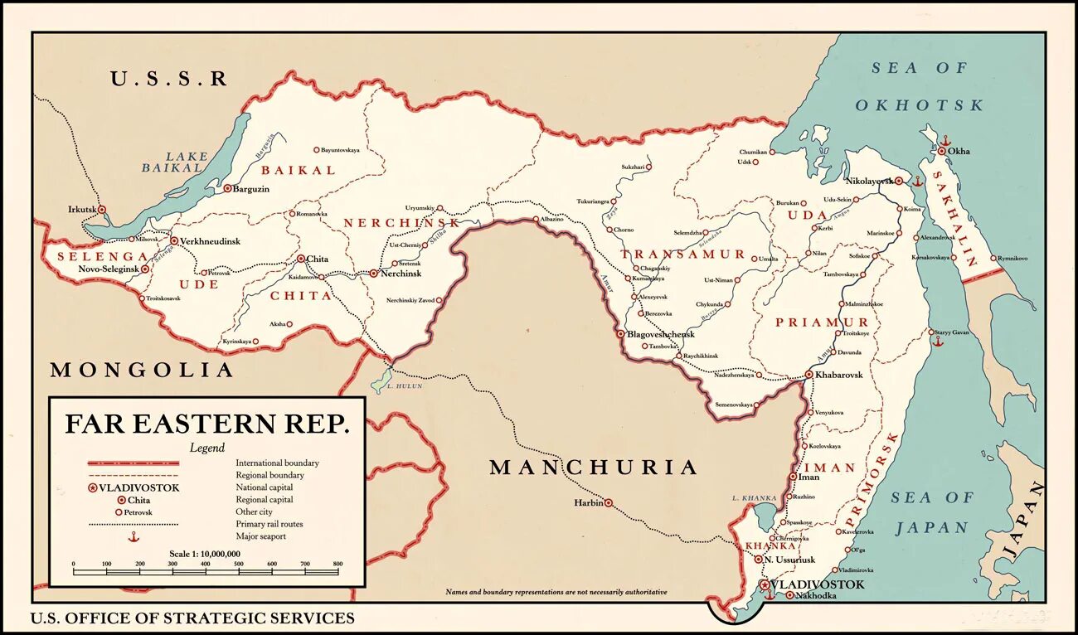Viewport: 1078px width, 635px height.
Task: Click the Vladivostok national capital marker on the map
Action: pyautogui.click(x=764, y=584)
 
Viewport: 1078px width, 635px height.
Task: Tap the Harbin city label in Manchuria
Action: pyautogui.click(x=588, y=503)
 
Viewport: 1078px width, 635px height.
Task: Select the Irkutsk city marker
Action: pyautogui.click(x=102, y=210)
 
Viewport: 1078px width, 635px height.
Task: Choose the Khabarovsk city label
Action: pyautogui.click(x=839, y=375)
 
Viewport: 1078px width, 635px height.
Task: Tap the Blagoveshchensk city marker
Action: pyautogui.click(x=619, y=333)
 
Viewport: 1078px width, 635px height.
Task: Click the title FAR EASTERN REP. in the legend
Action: pyautogui.click(x=207, y=424)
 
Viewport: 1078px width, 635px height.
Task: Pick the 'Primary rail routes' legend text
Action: pyautogui.click(x=269, y=524)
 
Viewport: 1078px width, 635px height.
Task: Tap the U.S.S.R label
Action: pyautogui.click(x=169, y=79)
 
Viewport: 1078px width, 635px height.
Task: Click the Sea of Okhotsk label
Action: pyautogui.click(x=919, y=86)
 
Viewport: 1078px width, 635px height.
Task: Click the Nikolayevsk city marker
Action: pyautogui.click(x=898, y=180)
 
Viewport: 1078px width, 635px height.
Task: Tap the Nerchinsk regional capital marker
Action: pyautogui.click(x=373, y=273)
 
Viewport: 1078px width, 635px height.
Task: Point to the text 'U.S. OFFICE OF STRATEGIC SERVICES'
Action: pyautogui.click(x=192, y=618)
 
